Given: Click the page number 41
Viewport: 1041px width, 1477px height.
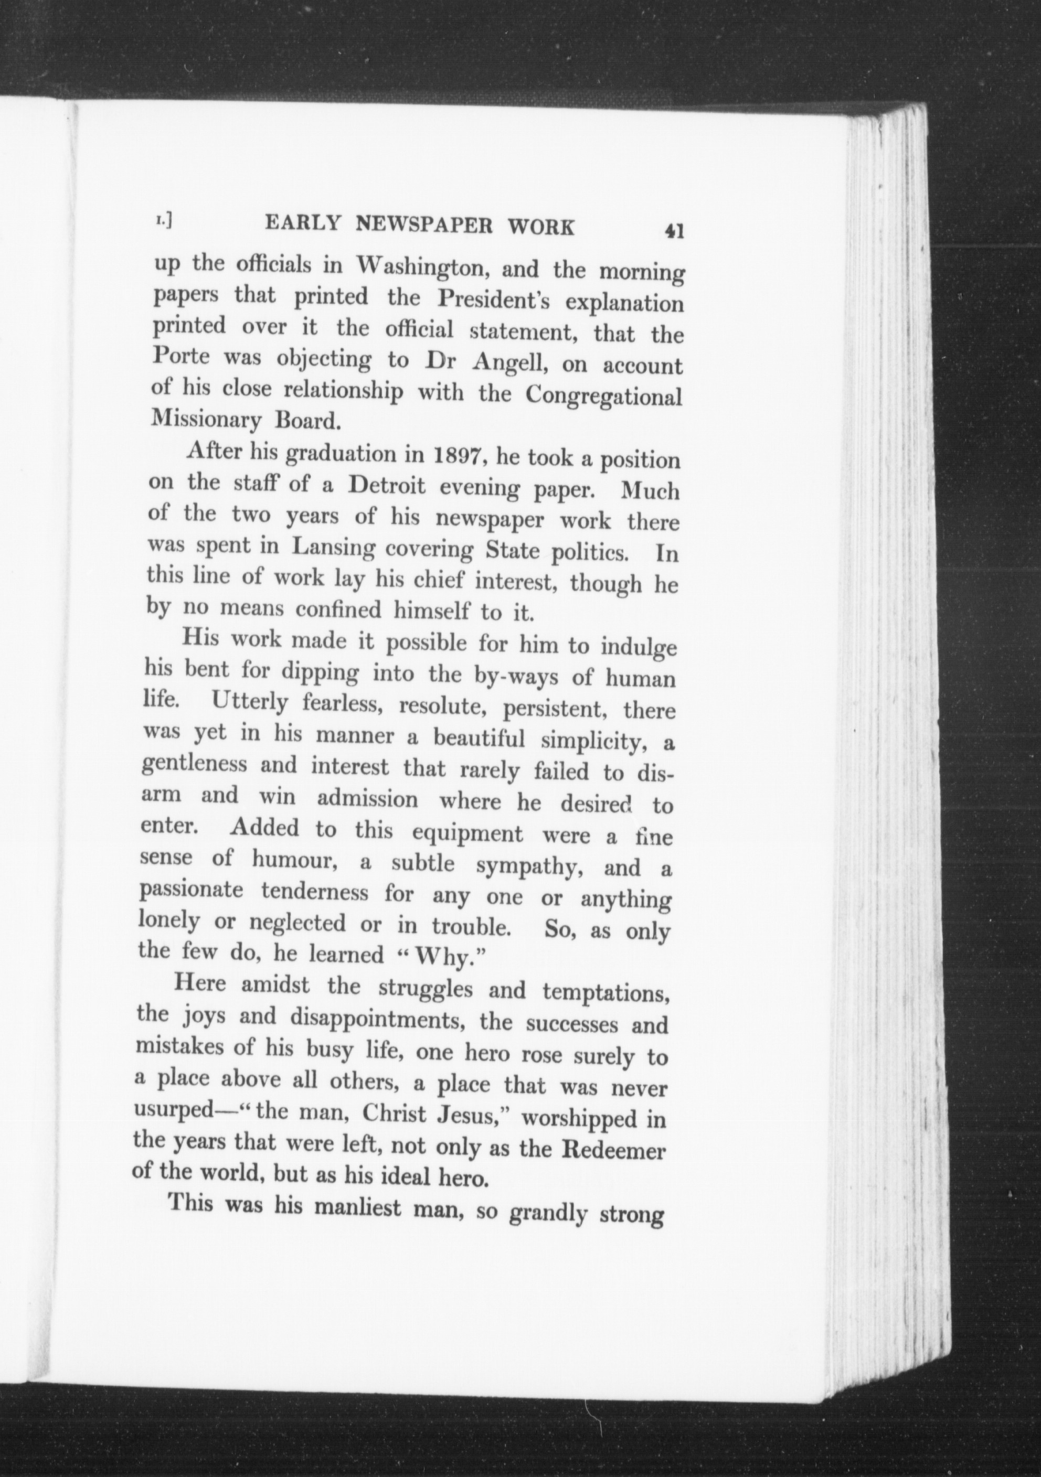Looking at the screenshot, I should tap(674, 230).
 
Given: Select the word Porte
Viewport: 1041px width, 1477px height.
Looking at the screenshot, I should tap(180, 358).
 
